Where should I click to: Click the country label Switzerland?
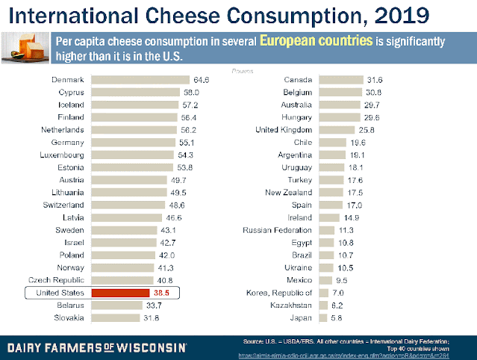click(62, 204)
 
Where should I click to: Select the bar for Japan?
click(323, 317)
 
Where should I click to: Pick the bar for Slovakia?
click(116, 317)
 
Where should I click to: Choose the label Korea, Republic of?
click(274, 293)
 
